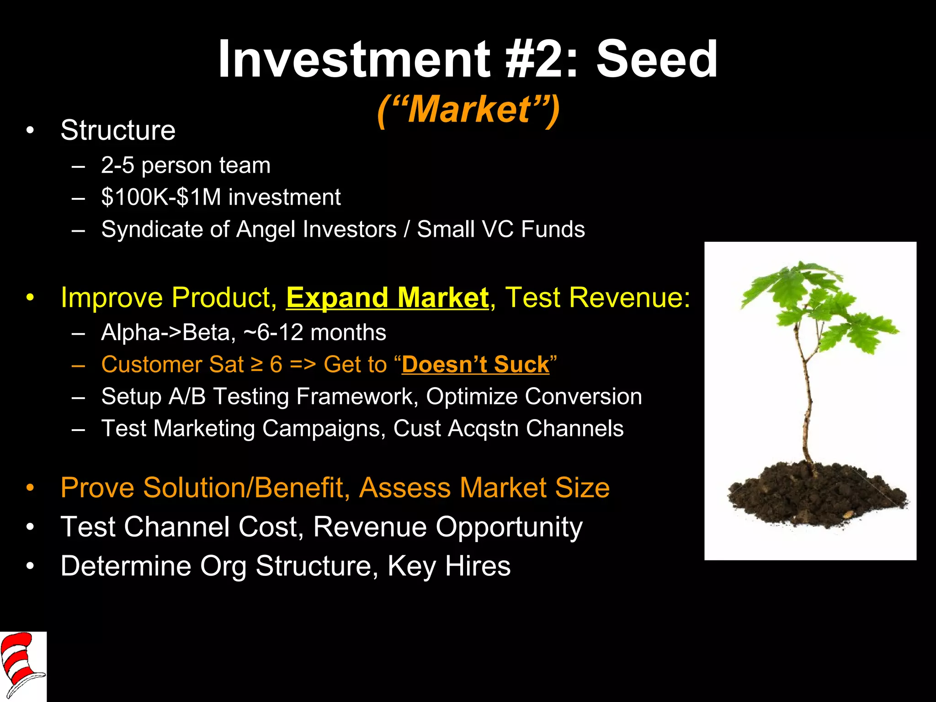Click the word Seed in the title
657,59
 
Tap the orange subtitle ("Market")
468,110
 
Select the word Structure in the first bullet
118,130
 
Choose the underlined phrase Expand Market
387,298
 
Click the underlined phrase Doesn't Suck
475,365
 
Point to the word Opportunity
509,527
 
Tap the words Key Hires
449,566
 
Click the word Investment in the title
354,59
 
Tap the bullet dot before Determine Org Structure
30,567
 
